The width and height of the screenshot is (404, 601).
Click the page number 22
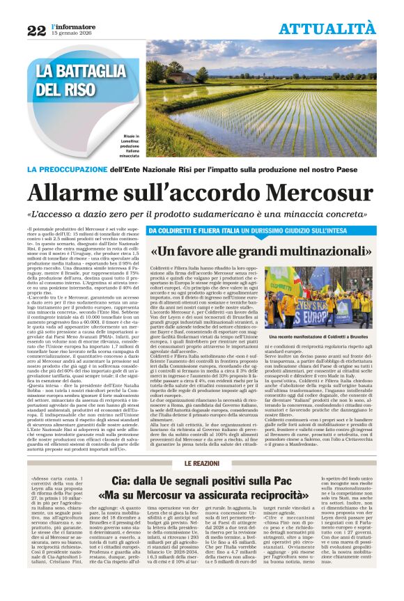36,30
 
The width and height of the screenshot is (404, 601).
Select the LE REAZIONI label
202,464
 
